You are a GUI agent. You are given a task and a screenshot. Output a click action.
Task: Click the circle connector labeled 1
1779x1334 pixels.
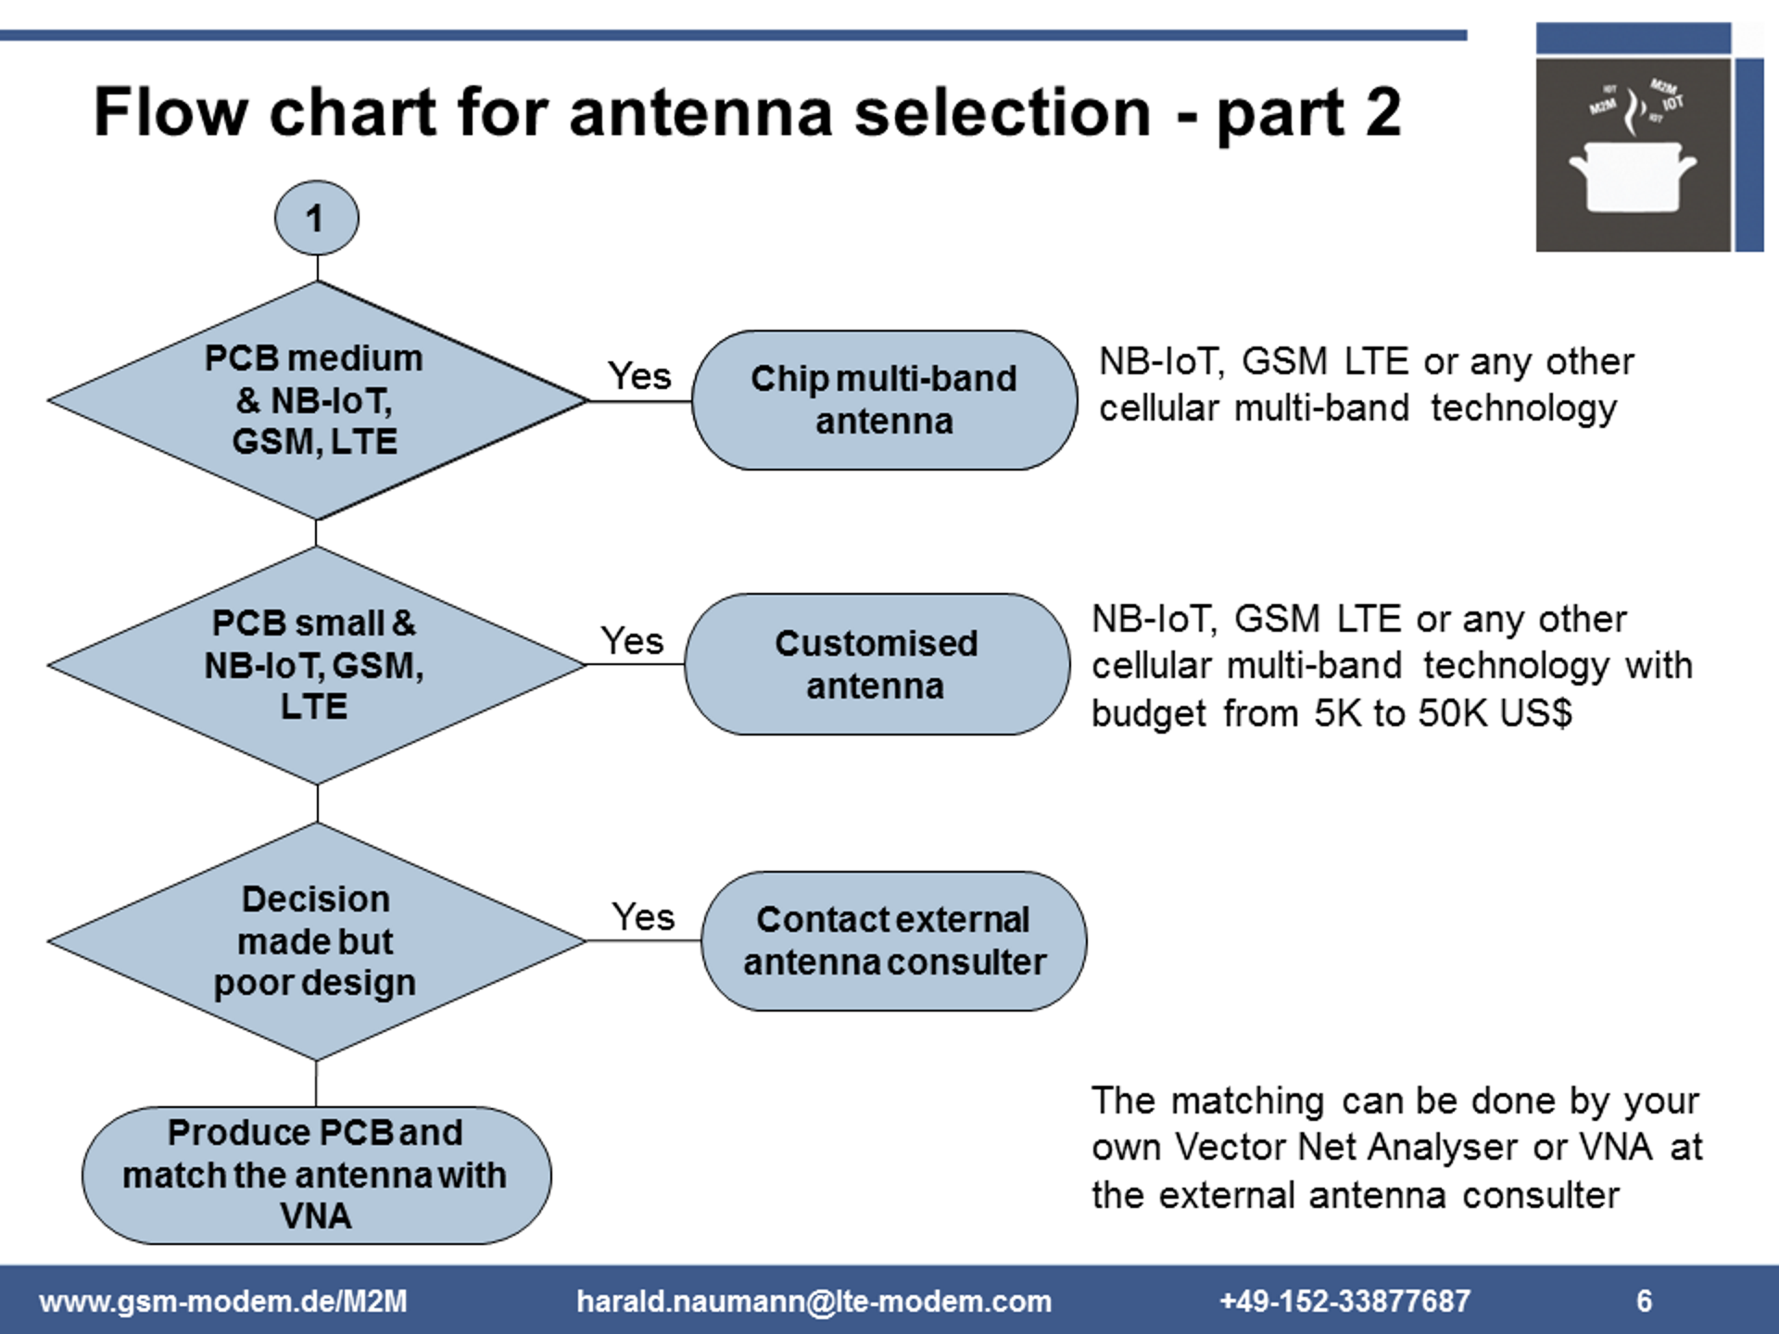pos(316,219)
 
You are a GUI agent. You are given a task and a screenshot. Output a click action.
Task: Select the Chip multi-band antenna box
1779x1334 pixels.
pos(884,400)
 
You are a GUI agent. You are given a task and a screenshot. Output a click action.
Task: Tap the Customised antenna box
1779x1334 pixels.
pos(877,664)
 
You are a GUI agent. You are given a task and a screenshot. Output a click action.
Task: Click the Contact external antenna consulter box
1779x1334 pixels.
pos(893,940)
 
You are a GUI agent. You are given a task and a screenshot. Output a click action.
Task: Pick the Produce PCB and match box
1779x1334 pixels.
pos(316,1175)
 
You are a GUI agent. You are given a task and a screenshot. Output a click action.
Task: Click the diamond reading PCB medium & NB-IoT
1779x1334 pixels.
pos(316,400)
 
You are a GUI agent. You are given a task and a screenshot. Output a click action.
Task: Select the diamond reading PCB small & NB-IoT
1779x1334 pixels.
pos(316,664)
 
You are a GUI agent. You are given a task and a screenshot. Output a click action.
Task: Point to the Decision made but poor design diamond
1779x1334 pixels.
pos(316,940)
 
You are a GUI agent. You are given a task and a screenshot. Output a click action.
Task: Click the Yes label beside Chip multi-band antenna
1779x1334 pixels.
pos(639,376)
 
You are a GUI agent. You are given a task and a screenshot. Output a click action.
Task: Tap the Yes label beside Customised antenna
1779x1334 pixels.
pos(632,641)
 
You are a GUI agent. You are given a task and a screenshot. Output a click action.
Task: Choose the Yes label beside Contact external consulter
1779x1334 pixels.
pos(643,917)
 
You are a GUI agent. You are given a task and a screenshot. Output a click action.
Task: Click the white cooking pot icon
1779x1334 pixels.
pos(1632,175)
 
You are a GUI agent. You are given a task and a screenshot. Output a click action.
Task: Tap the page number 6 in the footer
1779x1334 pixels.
pos(1644,1301)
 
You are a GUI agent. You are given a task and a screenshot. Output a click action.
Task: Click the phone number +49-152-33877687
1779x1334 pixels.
pos(1344,1301)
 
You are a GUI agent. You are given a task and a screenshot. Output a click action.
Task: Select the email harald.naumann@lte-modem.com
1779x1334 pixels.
pos(814,1301)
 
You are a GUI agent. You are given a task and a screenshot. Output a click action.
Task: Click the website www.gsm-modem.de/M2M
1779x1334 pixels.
pos(223,1301)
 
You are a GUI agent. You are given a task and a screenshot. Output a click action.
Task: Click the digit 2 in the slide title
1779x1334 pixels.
pos(1382,113)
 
